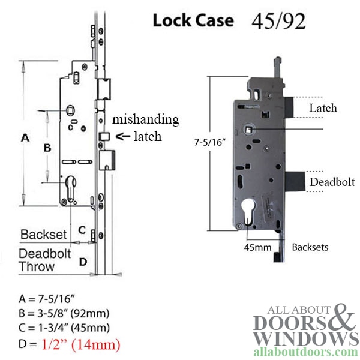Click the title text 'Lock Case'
(x=193, y=20)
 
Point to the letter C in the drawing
(x=83, y=230)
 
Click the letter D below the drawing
(x=83, y=261)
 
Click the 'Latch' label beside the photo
(x=322, y=109)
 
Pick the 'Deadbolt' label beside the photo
(x=329, y=182)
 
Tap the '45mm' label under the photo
(x=254, y=246)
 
